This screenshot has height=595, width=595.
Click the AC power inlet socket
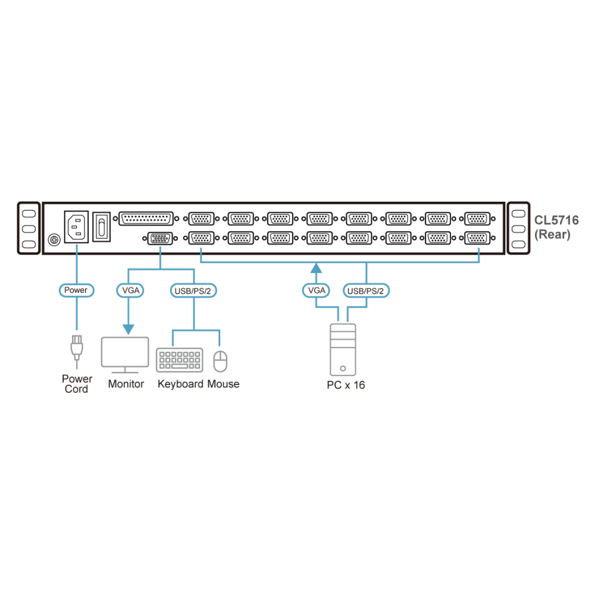[x=76, y=227]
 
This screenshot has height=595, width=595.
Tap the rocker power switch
[x=101, y=227]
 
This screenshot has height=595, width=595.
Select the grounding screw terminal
[x=54, y=240]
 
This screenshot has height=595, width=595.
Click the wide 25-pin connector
[x=146, y=218]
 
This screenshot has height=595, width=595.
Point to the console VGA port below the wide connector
[x=159, y=239]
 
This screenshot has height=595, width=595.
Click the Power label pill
[x=76, y=290]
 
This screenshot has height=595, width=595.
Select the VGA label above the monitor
[x=130, y=290]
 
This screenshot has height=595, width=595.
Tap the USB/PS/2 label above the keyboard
[x=193, y=291]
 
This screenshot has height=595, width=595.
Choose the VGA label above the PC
[x=316, y=291]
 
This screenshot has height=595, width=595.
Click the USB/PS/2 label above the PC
[x=366, y=291]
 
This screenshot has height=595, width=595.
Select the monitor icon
[x=125, y=355]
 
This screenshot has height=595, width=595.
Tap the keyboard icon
[x=180, y=360]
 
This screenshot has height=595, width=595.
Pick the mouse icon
[x=220, y=361]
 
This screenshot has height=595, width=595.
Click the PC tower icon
[x=343, y=349]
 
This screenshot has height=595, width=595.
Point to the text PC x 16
[x=346, y=385]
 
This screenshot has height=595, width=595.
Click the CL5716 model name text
[x=556, y=220]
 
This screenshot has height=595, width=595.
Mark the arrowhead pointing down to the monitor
[x=129, y=329]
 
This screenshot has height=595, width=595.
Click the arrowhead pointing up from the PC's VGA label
[x=316, y=268]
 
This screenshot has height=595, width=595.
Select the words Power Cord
[x=77, y=384]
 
